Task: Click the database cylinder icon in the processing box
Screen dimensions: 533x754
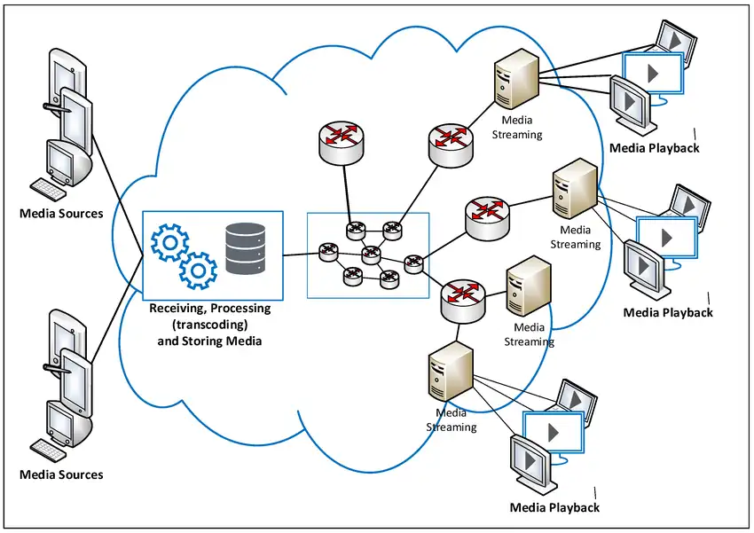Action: [246, 249]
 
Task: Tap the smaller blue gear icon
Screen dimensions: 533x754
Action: [199, 269]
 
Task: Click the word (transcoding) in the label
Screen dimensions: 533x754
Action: [210, 325]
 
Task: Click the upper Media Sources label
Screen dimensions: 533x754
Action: [61, 214]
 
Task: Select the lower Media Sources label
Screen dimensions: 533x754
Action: [61, 475]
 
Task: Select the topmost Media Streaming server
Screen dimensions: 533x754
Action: [516, 77]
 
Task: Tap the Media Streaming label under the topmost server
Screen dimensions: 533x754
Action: [516, 128]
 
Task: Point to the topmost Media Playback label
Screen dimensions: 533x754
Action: [654, 148]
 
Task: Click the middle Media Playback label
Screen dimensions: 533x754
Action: [667, 312]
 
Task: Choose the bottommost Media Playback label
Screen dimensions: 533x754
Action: [554, 507]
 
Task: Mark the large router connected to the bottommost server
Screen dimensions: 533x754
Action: [460, 299]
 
